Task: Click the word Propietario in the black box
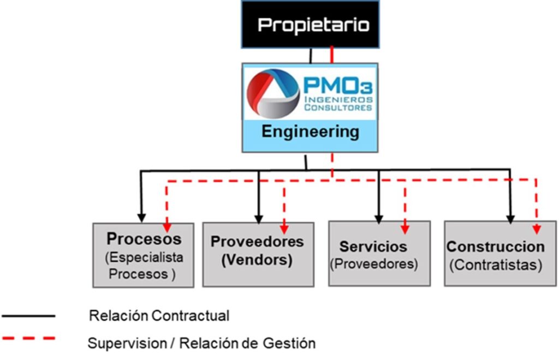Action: coord(313,25)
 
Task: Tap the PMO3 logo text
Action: coord(338,86)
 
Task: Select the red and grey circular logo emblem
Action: coord(273,94)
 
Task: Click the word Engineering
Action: coord(310,132)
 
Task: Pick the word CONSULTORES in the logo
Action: coord(338,107)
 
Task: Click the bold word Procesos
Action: coord(144,238)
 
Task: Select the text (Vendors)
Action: coord(257,260)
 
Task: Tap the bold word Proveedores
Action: coord(257,242)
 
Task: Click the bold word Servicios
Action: coord(373,247)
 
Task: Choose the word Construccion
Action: coord(496,247)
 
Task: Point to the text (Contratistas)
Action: coord(496,265)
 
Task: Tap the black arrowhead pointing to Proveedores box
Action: coord(259,219)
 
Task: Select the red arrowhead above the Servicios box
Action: coord(405,229)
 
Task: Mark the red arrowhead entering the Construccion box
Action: coord(537,229)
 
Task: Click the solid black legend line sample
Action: coord(28,316)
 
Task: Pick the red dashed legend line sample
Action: coord(28,338)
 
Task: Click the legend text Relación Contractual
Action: coord(159,316)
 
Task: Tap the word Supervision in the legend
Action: coord(127,344)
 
